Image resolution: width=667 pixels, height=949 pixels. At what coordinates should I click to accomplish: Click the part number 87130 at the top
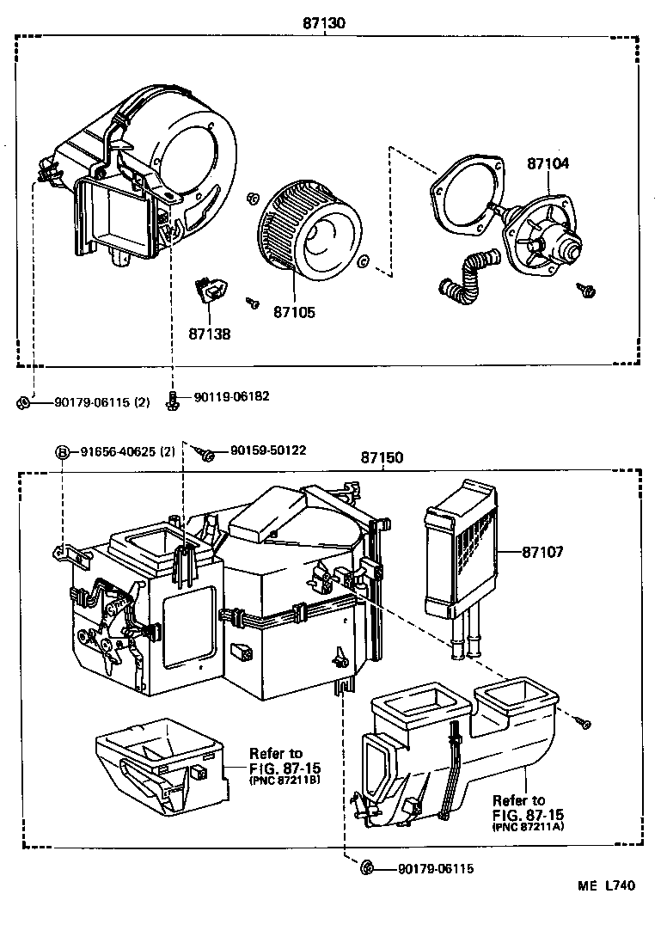point(324,23)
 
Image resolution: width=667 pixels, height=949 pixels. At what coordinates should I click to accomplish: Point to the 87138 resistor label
point(210,332)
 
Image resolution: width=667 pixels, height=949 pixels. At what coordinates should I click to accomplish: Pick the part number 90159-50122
point(267,450)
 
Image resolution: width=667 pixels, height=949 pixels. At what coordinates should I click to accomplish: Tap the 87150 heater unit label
point(382,459)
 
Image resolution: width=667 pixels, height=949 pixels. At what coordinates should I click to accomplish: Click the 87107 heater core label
point(542,552)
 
